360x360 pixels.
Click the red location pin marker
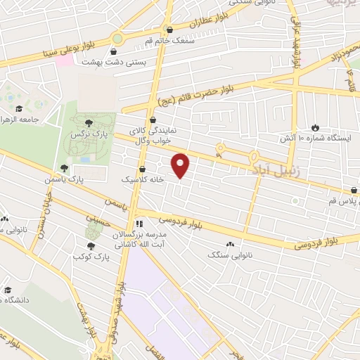coord(181,165)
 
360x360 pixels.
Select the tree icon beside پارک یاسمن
coord(65,168)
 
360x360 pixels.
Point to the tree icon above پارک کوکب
coord(91,245)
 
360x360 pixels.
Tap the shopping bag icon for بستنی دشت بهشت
coord(114,51)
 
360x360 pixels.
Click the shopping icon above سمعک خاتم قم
coord(169,30)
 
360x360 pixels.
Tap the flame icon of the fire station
coord(316,127)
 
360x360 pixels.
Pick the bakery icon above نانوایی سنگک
coord(232,243)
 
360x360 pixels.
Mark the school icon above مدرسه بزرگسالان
coord(139,224)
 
